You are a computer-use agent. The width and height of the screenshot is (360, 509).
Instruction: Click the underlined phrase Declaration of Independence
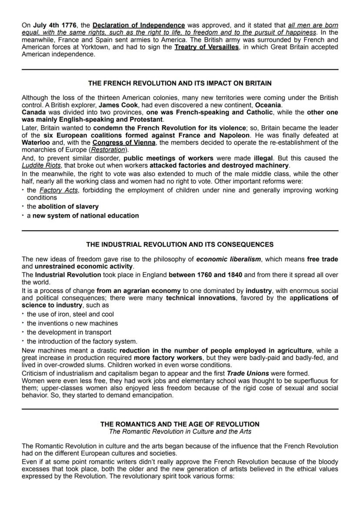tap(139, 26)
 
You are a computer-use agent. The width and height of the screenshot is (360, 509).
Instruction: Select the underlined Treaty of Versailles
tap(207, 47)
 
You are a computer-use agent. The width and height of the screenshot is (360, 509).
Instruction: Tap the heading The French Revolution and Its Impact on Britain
tap(180, 83)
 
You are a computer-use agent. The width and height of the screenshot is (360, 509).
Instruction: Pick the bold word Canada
tap(34, 112)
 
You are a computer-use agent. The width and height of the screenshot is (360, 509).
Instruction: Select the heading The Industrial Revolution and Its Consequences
tap(180, 244)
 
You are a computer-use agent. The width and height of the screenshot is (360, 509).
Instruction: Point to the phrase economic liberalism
tap(229, 259)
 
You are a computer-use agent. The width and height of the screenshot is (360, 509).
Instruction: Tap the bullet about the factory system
tap(82, 341)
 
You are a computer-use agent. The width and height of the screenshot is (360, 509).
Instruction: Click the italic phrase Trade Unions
tap(248, 373)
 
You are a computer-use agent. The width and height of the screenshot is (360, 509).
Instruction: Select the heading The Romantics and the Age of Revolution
tap(180, 424)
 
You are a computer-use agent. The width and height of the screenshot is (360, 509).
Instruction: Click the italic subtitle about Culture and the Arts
tap(180, 432)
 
